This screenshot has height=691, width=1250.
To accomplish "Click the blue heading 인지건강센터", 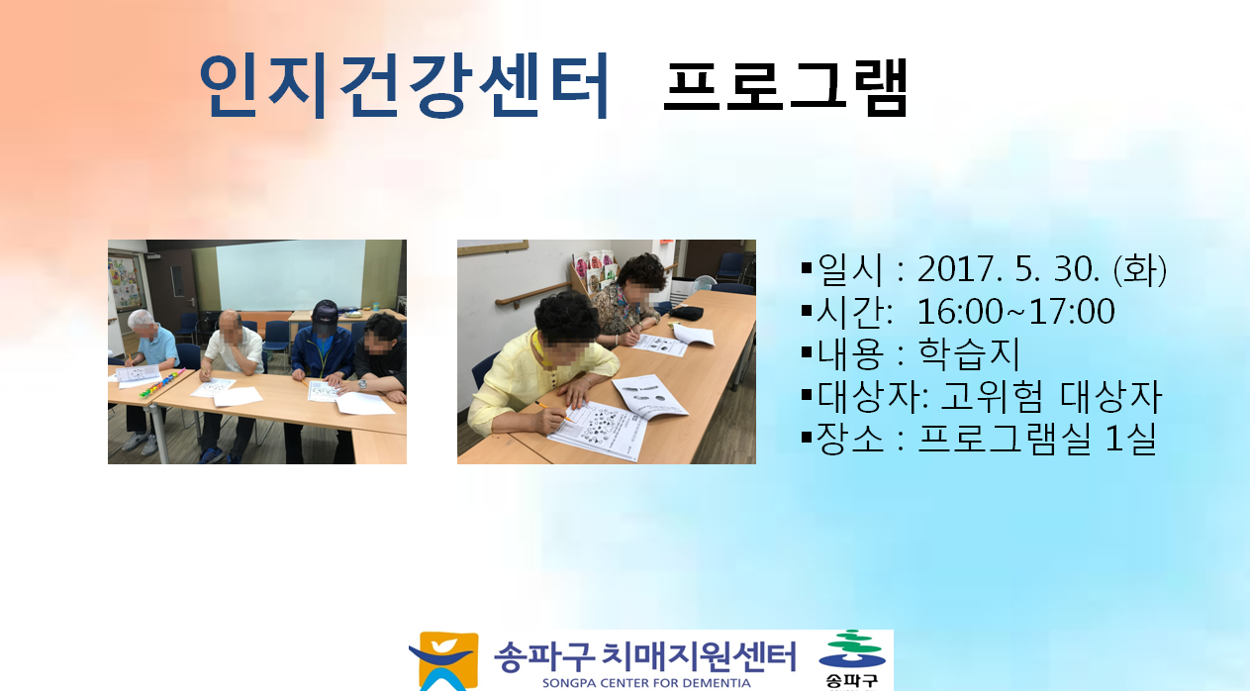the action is point(404,85).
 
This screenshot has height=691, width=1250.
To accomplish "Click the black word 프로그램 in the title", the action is point(786,87).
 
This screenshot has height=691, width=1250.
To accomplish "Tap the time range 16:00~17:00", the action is point(1015,312).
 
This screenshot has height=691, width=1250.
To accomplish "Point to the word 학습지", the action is point(969,353).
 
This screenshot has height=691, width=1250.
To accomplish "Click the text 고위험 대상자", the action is point(1051,396).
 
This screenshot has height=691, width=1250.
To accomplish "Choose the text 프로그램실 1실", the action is point(1036,439).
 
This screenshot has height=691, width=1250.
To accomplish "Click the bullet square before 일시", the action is point(807,268).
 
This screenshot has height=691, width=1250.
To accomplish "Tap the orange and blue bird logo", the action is point(444,661).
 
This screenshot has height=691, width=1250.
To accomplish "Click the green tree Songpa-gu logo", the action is point(852,658).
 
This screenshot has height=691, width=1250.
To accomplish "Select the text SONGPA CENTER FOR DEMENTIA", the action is point(646,683).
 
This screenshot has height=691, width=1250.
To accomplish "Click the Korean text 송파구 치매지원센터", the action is point(644,656).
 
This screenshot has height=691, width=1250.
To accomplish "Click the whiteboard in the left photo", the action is point(290,274).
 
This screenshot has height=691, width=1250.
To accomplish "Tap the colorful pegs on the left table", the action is point(162,383).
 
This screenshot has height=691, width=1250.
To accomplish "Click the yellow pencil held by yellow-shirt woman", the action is point(553,411).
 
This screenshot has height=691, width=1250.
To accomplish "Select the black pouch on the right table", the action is point(685,313).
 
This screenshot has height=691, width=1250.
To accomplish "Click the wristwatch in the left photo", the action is point(362,384).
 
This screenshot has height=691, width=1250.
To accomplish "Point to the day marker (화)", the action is point(1139,269).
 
